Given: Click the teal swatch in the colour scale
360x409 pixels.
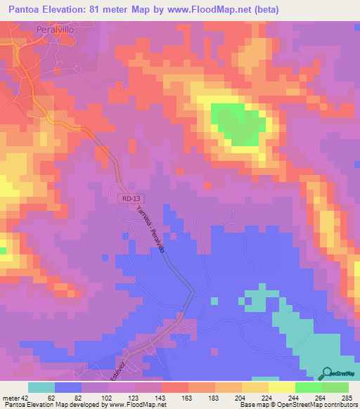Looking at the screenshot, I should [x=41, y=387].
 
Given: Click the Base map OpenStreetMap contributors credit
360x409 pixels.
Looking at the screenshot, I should [x=297, y=405].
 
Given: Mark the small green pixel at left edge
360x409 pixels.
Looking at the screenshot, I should [x=3, y=250].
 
